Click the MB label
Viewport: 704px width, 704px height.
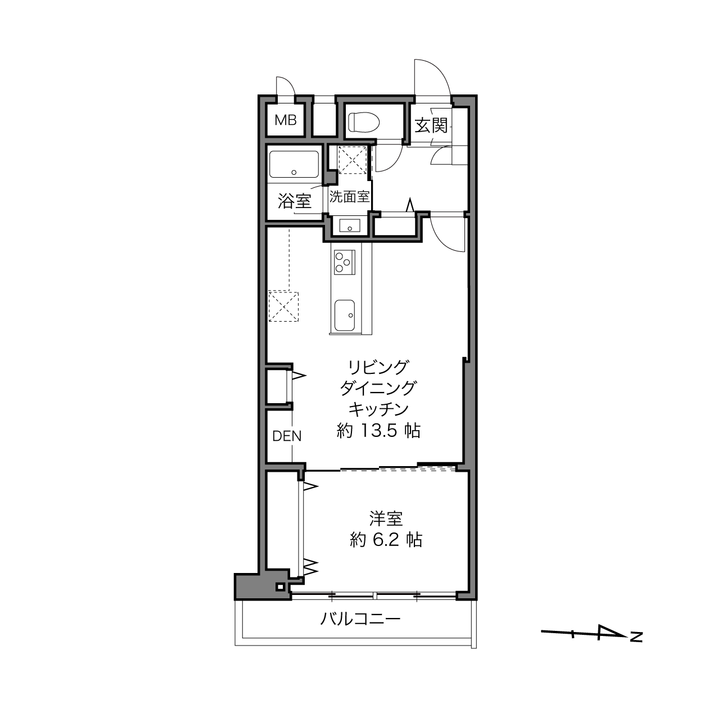pos(285,120)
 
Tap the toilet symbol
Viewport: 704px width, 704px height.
pos(364,121)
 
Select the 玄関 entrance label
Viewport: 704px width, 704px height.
pos(431,126)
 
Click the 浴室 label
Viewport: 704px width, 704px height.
pos(295,201)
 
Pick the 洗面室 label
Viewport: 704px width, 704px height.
pos(350,197)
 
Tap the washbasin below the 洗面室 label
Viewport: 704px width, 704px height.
pos(350,225)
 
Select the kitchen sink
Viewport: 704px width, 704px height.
pos(345,315)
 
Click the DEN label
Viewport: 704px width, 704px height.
pos(287,436)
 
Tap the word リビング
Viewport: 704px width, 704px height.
pos(378,368)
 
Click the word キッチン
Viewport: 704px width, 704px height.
pos(378,409)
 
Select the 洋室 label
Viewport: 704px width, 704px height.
pos(386,519)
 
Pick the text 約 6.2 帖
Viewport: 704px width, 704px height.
pos(386,540)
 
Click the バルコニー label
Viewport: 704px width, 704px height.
pos(360,619)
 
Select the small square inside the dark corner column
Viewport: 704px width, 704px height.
pos(281,587)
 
